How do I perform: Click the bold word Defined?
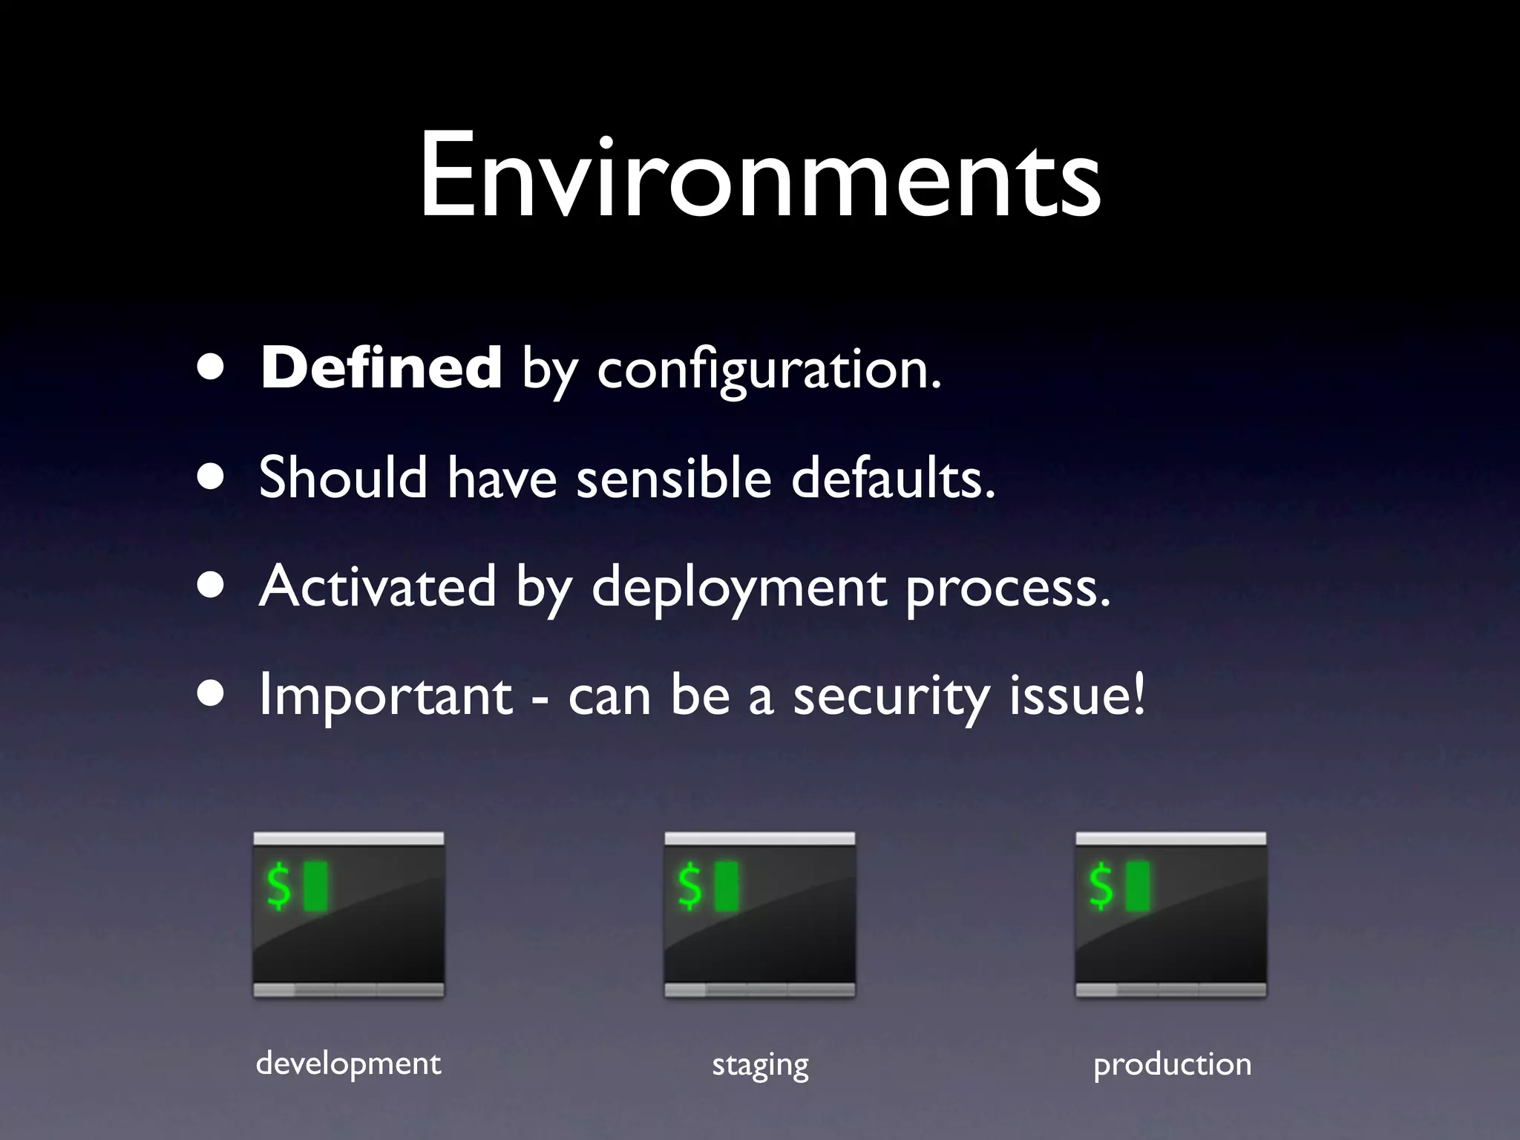381,368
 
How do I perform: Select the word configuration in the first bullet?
768,371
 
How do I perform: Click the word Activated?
377,586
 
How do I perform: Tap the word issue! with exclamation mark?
1077,696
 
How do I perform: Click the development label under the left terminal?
348,1064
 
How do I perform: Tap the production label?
1172,1065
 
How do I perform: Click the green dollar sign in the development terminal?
279,885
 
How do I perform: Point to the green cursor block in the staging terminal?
727,885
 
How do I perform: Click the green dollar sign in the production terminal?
1101,885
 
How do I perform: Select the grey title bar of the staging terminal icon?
759,839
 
